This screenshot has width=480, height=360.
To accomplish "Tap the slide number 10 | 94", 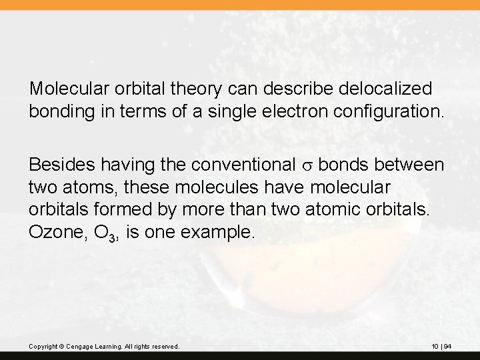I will [x=441, y=347].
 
